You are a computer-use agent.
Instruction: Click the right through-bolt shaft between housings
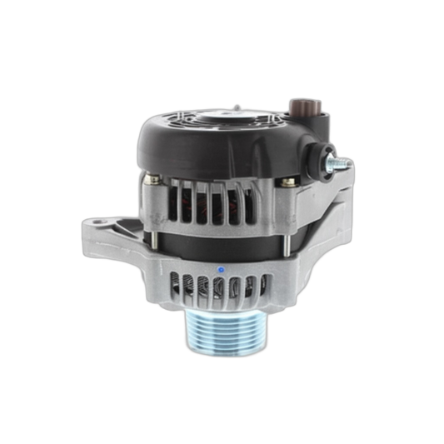pyautogui.click(x=285, y=233)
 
